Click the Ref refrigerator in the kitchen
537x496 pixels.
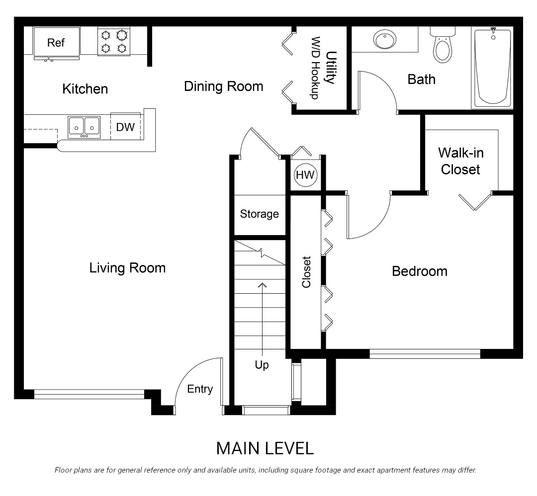pyautogui.click(x=56, y=43)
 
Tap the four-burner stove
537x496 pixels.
pyautogui.click(x=113, y=41)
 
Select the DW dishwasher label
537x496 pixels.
pyautogui.click(x=125, y=127)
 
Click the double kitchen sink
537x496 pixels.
pyautogui.click(x=84, y=127)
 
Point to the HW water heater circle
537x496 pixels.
pyautogui.click(x=305, y=175)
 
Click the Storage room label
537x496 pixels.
pyautogui.click(x=259, y=214)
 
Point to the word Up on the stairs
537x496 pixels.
pyautogui.click(x=262, y=365)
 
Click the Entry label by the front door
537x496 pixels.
pyautogui.click(x=200, y=389)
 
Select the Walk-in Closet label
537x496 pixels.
pyautogui.click(x=460, y=161)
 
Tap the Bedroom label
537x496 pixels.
pyautogui.click(x=419, y=271)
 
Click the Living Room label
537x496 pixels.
pyautogui.click(x=127, y=268)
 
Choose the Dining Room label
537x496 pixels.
pyautogui.click(x=223, y=86)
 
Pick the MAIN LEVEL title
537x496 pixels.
pyautogui.click(x=265, y=448)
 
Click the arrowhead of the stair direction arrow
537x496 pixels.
pyautogui.click(x=262, y=284)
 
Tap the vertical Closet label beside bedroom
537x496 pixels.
pyautogui.click(x=306, y=272)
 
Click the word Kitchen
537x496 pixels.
pyautogui.click(x=85, y=89)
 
